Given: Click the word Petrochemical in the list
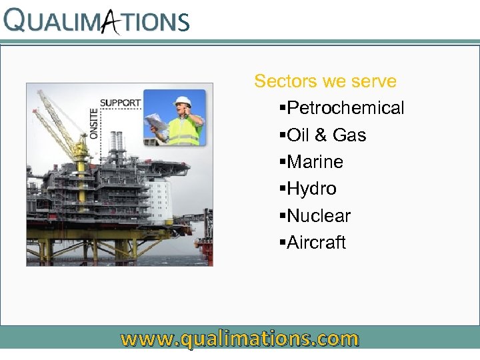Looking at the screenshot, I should pyautogui.click(x=345, y=108).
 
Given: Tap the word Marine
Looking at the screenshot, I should pyautogui.click(x=315, y=162).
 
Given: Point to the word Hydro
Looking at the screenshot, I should pyautogui.click(x=311, y=189).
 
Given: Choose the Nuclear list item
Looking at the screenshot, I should pyautogui.click(x=319, y=216).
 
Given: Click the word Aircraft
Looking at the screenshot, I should pyautogui.click(x=317, y=243).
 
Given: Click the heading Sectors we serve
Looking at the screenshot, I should pyautogui.click(x=325, y=81).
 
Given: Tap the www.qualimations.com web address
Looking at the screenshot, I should pyautogui.click(x=239, y=339).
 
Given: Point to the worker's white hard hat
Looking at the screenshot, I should pyautogui.click(x=183, y=102).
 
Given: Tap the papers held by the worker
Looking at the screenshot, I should pyautogui.click(x=155, y=123).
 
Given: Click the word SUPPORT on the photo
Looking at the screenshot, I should pyautogui.click(x=120, y=103).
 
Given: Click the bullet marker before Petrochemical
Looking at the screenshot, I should pyautogui.click(x=283, y=109).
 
